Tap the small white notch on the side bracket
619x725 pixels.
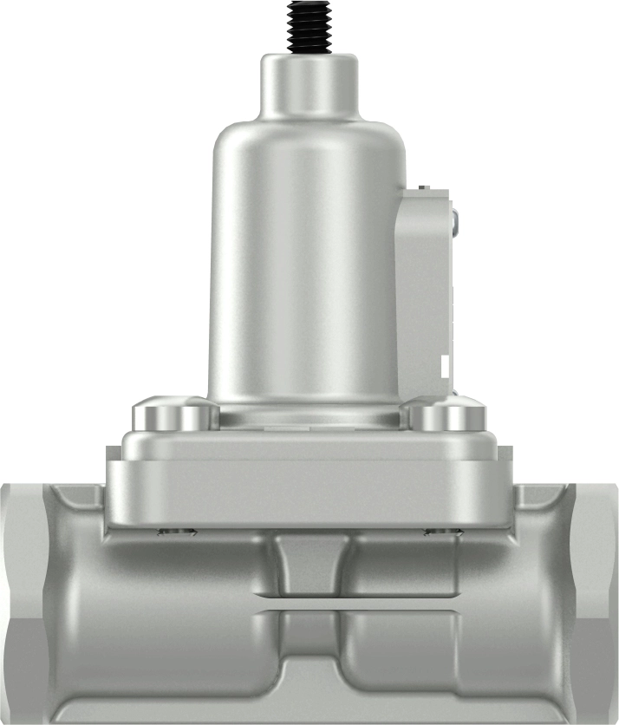[x=444, y=364]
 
